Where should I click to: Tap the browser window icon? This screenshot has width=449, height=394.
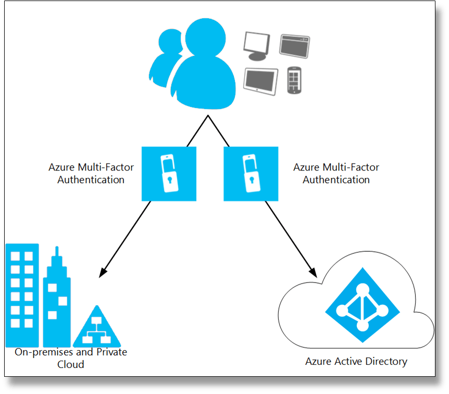point(294,45)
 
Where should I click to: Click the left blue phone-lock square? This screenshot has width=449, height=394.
point(169,174)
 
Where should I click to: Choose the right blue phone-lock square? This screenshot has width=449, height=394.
point(251,174)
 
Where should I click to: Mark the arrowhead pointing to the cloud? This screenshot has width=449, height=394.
point(314,272)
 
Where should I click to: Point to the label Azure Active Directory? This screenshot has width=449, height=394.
point(356,361)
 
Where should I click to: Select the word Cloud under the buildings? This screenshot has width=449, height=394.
point(71,364)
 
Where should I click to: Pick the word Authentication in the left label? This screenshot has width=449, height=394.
point(91,180)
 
